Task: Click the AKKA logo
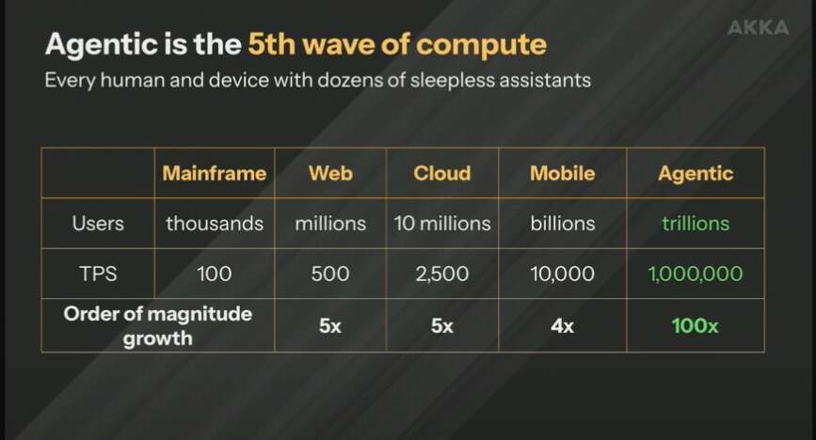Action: coord(758,27)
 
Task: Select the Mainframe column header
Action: coord(215,173)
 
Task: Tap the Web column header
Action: coord(330,173)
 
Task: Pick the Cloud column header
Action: coord(441,173)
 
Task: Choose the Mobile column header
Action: coord(563,173)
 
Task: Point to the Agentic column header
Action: coord(696,174)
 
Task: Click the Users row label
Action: coord(98,223)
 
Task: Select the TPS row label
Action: coord(98,274)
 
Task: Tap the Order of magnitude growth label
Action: coord(158,325)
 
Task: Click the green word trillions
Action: coord(696,223)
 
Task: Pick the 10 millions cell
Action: coord(441,223)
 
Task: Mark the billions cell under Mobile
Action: coord(563,223)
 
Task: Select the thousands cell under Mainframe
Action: coord(215,223)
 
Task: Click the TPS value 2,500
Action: coord(441,274)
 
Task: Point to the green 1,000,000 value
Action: coord(696,274)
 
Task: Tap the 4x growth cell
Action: coord(563,326)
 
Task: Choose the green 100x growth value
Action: coord(696,326)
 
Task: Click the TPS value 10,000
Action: coord(563,274)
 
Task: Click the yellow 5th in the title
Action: coord(271,44)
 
